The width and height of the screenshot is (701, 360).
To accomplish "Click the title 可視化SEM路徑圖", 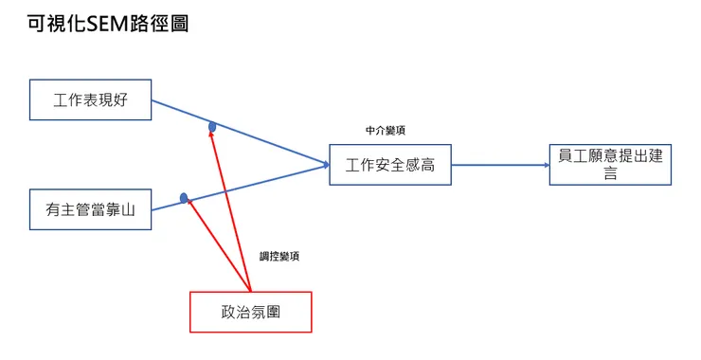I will [x=108, y=24].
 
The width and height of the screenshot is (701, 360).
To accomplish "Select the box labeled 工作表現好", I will [x=91, y=99].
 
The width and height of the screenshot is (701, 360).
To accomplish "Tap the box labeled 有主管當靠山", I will [x=91, y=209].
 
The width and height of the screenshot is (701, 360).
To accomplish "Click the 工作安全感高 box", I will [x=390, y=165].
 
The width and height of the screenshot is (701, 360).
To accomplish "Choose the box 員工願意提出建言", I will [x=610, y=164].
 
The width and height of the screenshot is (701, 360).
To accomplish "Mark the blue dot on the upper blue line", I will [x=212, y=126].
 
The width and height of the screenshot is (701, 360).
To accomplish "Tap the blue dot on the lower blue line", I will [x=185, y=198].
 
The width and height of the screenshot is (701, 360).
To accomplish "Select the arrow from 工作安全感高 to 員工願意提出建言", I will [x=500, y=165].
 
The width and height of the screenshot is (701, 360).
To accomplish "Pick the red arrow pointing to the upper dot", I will [x=230, y=208].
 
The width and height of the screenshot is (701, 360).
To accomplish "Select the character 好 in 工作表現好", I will [x=120, y=99].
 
